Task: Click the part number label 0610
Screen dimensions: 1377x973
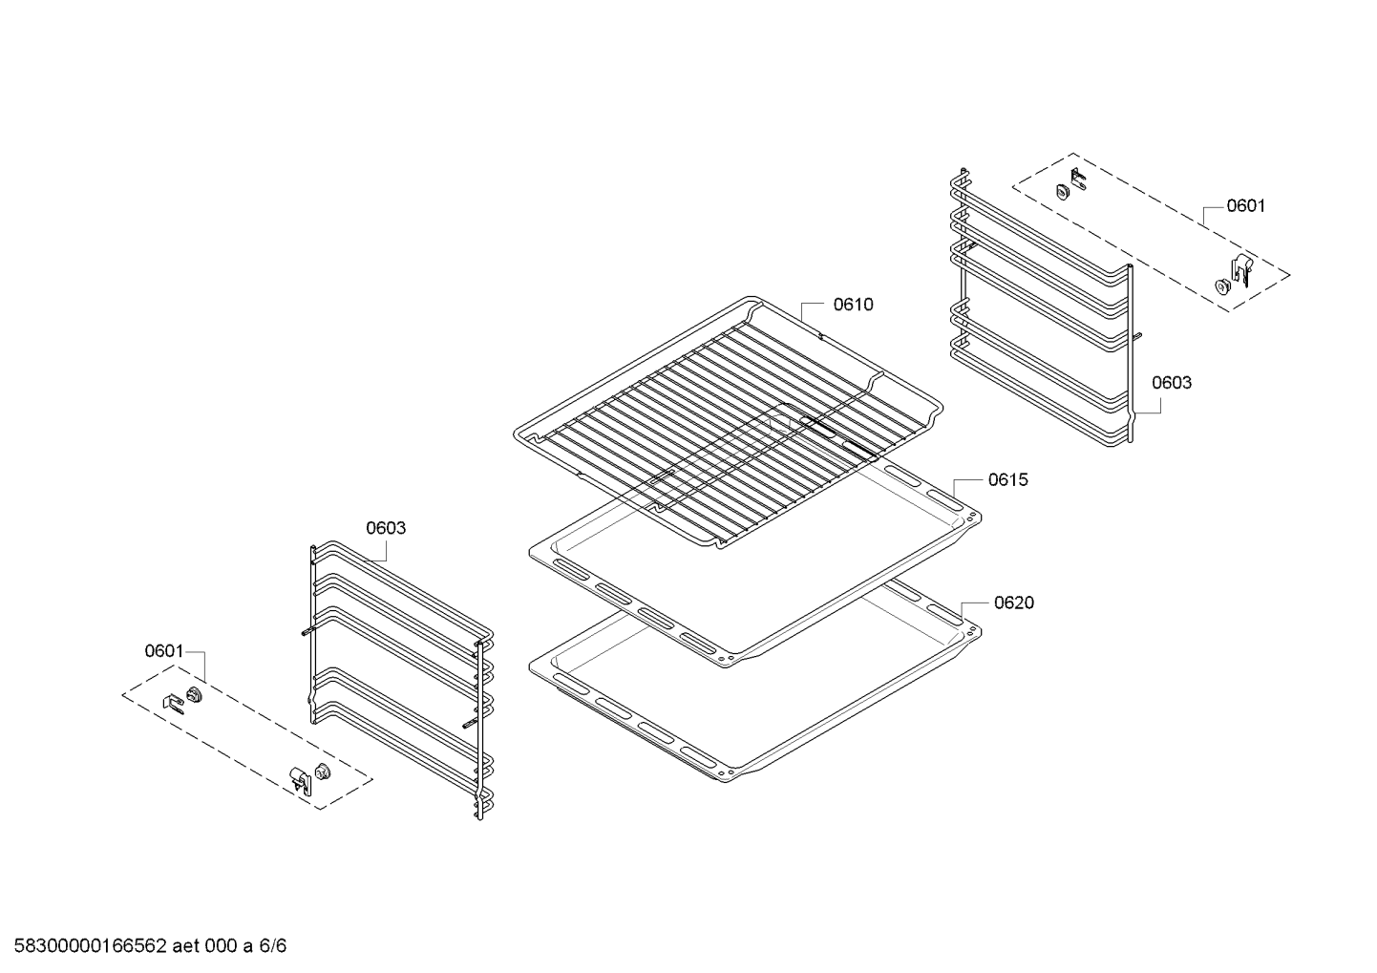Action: tap(854, 305)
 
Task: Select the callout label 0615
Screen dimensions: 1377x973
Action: tap(1008, 479)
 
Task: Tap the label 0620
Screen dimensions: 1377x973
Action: tap(1014, 603)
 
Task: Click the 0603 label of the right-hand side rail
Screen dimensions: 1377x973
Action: tap(1172, 382)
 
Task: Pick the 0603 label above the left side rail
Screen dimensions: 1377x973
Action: tap(386, 527)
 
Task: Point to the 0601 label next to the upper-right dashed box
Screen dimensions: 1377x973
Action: tap(1246, 205)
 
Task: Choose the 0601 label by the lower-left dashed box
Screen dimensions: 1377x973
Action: tap(164, 650)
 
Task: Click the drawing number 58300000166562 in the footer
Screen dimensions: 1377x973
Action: tap(91, 946)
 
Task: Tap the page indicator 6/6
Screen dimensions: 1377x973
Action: tap(273, 946)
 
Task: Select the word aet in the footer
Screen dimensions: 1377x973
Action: tap(185, 946)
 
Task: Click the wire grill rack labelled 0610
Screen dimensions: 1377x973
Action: tap(728, 422)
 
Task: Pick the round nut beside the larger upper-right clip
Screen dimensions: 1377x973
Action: tap(1221, 286)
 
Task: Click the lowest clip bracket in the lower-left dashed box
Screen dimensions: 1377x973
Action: tap(300, 779)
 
